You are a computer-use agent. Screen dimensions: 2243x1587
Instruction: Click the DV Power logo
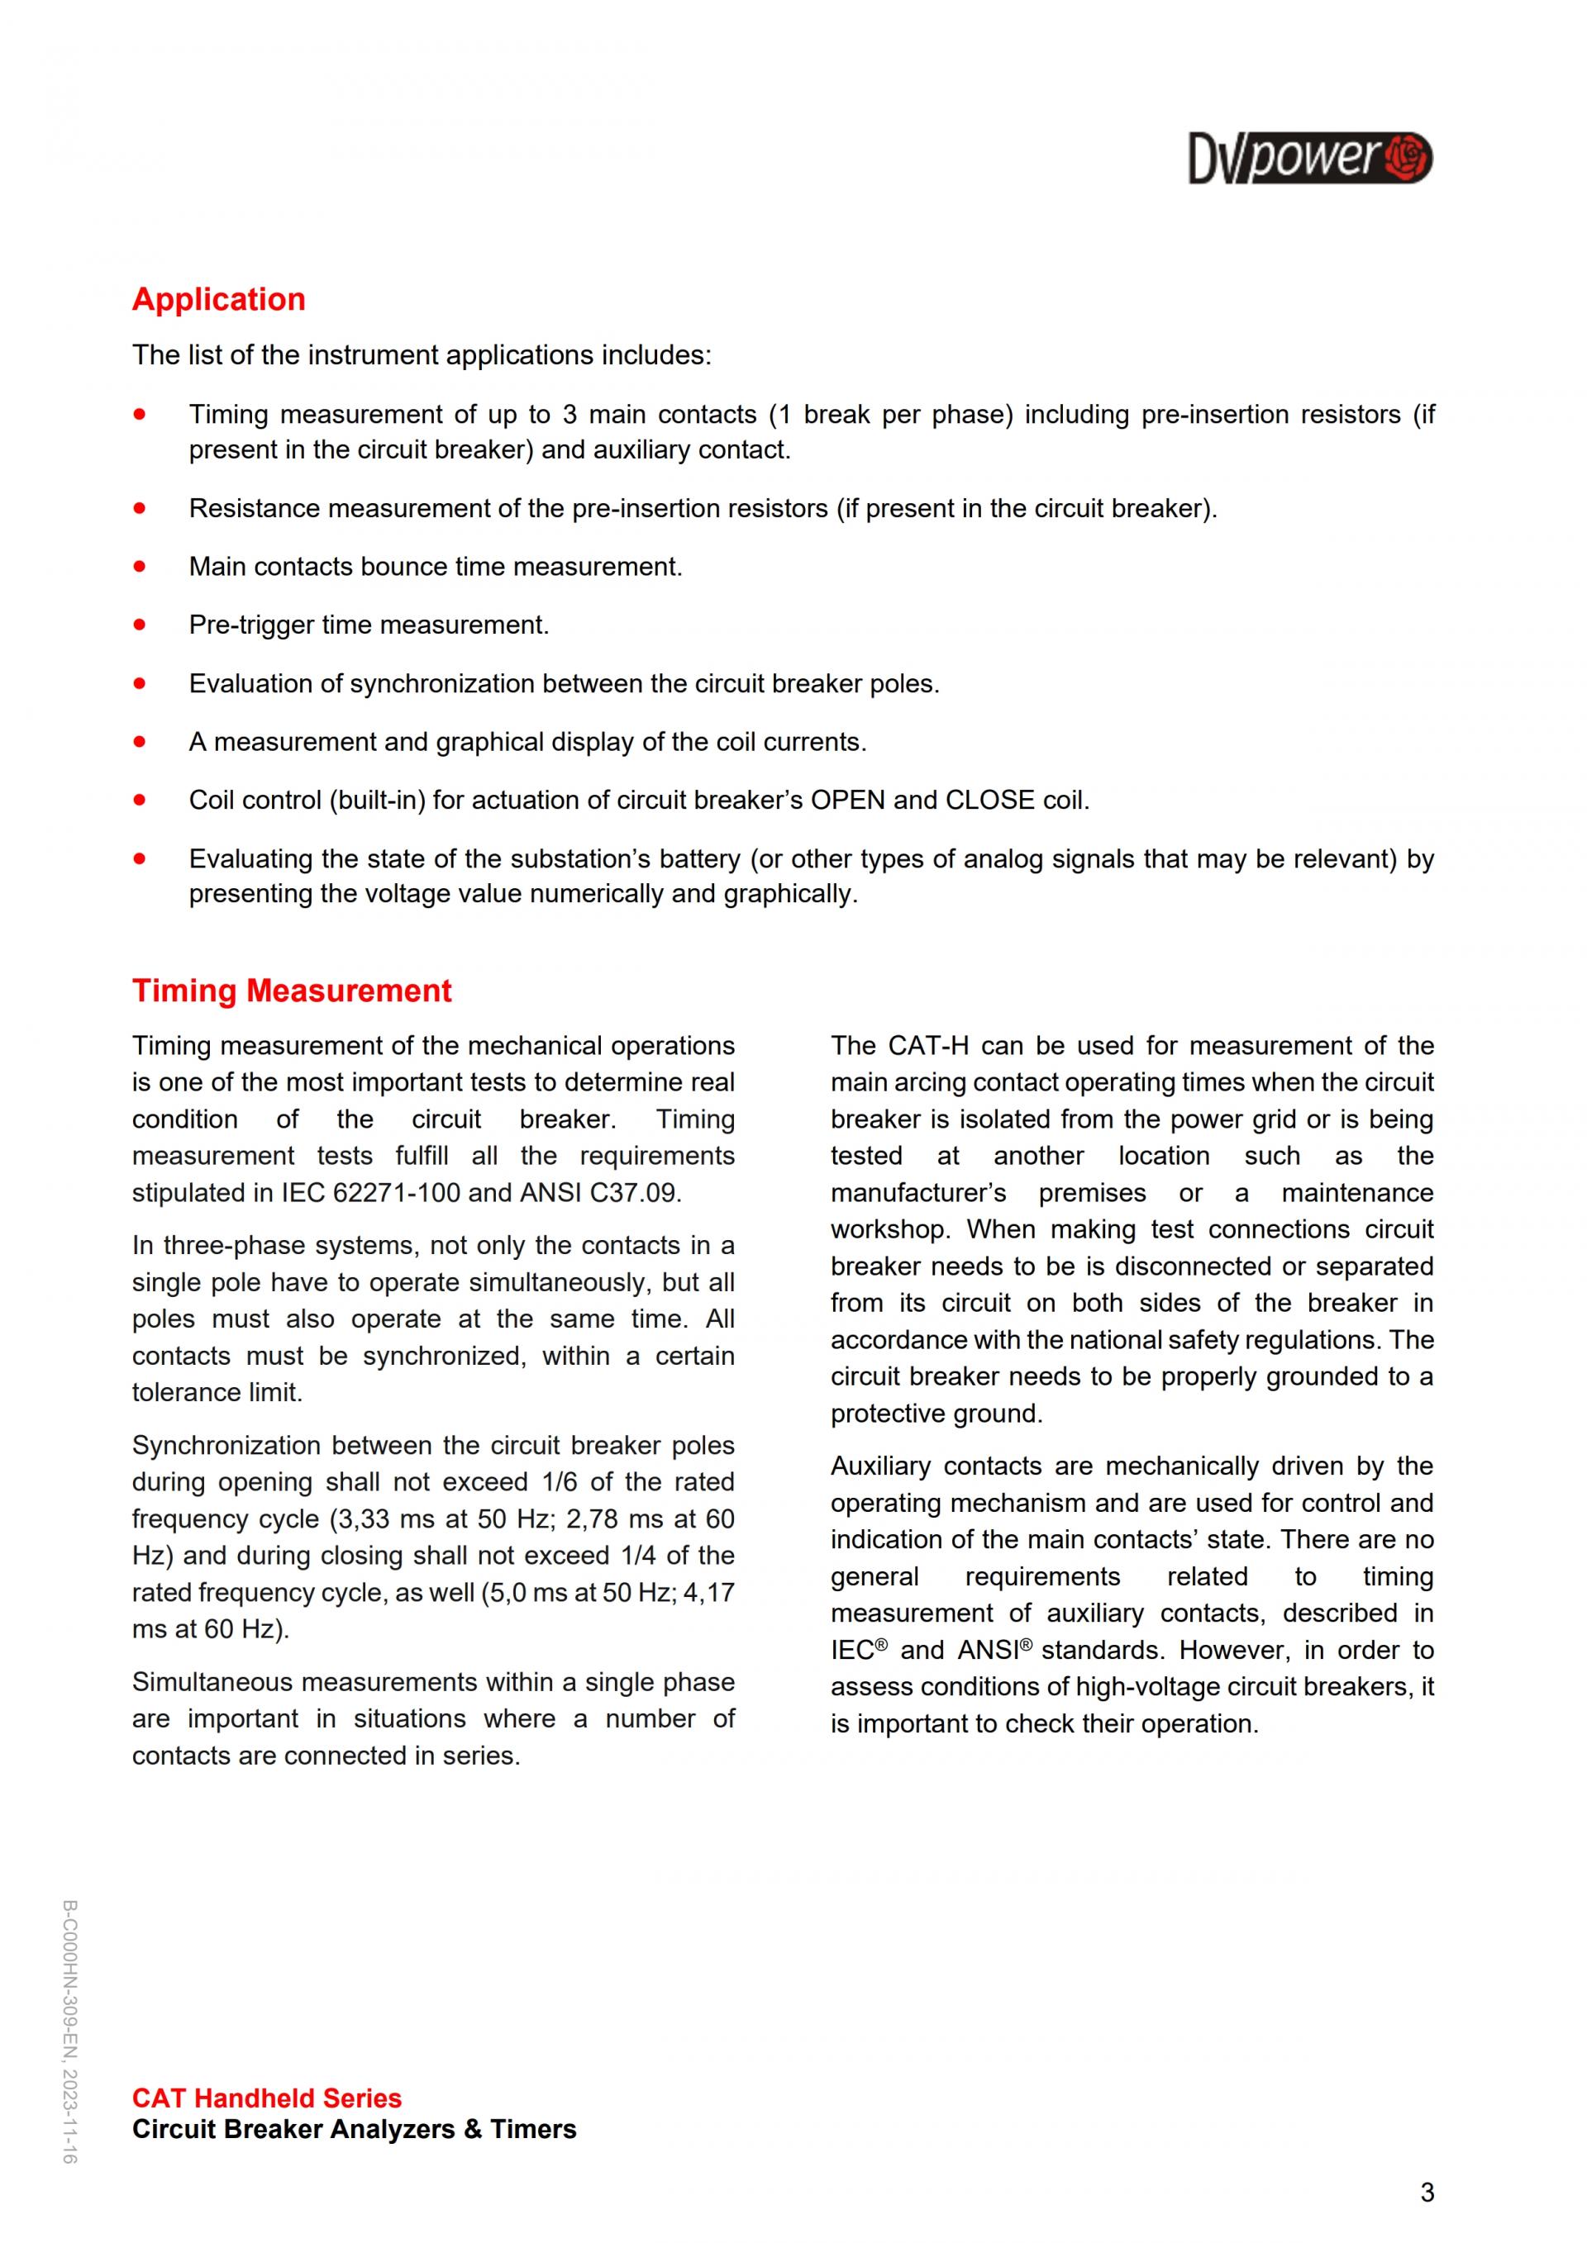[1309, 159]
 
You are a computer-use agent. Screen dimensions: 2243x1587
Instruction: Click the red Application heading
[219, 299]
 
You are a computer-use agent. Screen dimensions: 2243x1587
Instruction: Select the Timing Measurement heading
[291, 991]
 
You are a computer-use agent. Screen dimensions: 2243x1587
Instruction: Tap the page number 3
[1427, 2193]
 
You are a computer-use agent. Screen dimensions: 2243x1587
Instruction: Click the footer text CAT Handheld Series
[267, 2098]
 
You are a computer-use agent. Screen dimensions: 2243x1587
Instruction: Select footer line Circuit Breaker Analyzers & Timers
[354, 2130]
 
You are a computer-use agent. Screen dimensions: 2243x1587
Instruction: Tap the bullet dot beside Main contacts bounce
[140, 566]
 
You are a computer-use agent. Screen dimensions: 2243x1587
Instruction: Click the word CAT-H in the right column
[928, 1045]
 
